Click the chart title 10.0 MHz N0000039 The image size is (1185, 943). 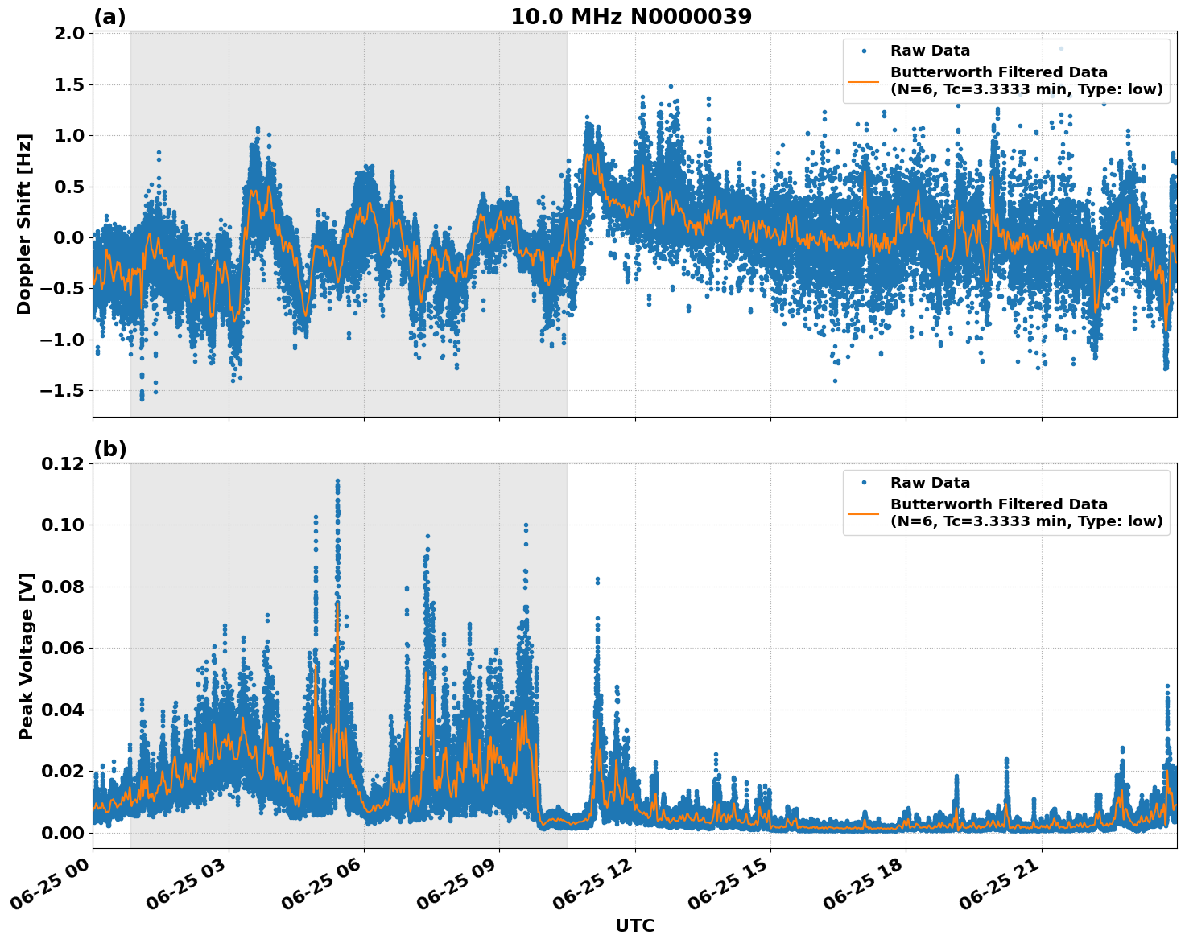click(631, 17)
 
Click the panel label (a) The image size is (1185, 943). click(109, 17)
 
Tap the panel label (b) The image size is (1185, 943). click(109, 449)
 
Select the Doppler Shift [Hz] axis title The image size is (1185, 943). click(24, 224)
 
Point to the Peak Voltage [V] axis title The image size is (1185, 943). click(27, 657)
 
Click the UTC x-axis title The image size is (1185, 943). click(634, 925)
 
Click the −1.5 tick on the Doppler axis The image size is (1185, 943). click(64, 390)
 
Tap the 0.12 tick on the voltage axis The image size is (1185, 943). click(64, 463)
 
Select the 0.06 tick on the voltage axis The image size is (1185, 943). click(64, 648)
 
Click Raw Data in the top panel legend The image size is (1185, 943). click(930, 51)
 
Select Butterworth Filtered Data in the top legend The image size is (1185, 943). click(998, 72)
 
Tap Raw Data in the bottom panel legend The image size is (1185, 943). click(930, 483)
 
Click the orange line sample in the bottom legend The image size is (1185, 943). click(864, 513)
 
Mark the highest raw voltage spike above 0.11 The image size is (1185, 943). click(337, 481)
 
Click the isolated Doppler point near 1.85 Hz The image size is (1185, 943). click(1061, 49)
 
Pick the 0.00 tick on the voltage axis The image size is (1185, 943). click(64, 832)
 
